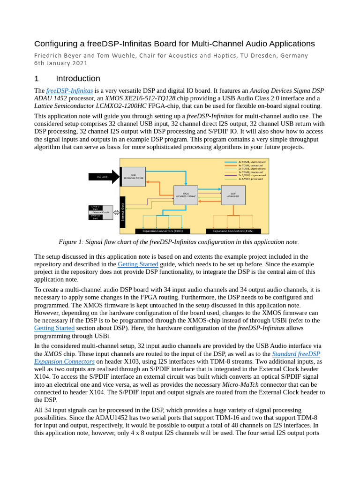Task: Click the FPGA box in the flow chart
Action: pos(186,195)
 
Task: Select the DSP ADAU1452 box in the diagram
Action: pos(233,195)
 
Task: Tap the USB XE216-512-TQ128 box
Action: pos(134,177)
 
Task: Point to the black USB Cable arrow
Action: pos(104,177)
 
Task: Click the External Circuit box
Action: pos(101,212)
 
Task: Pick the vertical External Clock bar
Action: pos(123,212)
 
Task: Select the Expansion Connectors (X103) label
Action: pos(163,231)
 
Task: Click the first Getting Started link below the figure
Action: pos(138,264)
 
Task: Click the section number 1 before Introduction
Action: pos(37,78)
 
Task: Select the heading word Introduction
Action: pos(78,78)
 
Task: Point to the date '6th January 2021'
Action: pos(61,63)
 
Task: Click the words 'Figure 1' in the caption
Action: pos(71,242)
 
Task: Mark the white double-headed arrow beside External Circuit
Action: pos(116,212)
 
